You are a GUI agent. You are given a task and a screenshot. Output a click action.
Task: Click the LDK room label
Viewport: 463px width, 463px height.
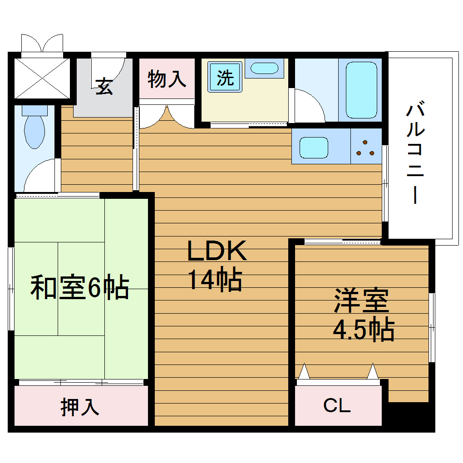click(217, 251)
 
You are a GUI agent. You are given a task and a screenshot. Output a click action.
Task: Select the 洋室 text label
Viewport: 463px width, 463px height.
click(362, 301)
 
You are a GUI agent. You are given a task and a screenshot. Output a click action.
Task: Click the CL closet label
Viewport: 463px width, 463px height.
click(337, 405)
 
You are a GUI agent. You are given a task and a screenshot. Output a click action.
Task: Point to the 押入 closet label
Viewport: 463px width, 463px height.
click(80, 407)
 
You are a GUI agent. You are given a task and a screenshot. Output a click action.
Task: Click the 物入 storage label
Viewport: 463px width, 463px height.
click(167, 79)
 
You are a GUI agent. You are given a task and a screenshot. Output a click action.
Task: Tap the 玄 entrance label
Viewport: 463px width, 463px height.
click(104, 86)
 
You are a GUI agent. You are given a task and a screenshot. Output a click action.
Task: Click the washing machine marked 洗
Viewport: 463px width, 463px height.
click(226, 78)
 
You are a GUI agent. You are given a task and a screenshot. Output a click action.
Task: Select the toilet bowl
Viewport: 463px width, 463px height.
click(34, 129)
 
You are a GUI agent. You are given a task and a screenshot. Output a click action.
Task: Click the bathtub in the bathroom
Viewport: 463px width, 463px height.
click(361, 90)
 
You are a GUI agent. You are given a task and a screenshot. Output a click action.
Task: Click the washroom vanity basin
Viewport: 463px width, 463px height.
click(264, 68)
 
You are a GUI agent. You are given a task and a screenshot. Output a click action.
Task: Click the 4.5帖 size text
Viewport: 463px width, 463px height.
click(363, 330)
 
